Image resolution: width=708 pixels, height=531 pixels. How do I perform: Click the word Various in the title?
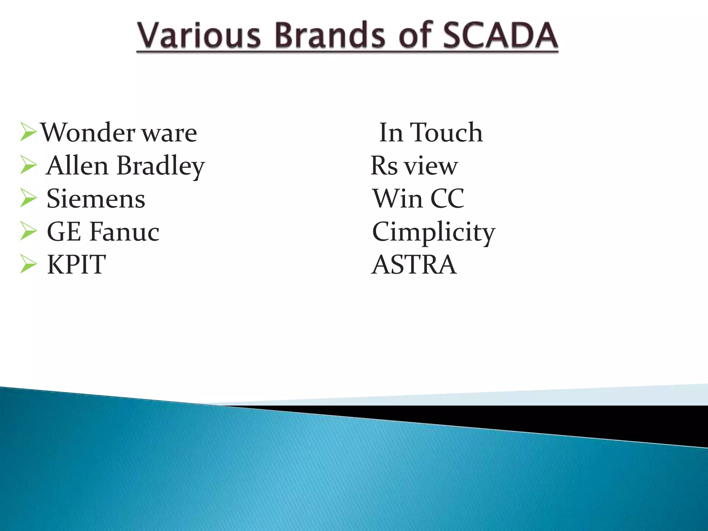(198, 35)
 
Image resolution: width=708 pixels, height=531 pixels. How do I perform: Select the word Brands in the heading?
(330, 35)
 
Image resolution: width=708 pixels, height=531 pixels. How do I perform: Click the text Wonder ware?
(119, 132)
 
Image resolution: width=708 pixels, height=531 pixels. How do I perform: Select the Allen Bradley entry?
(125, 166)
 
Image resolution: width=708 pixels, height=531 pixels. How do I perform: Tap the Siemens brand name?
(96, 199)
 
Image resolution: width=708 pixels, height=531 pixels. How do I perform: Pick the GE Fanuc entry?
(103, 232)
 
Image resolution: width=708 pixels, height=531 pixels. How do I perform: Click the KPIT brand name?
(76, 265)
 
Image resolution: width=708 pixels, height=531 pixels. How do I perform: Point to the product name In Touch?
(430, 132)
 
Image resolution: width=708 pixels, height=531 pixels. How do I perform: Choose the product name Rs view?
(414, 166)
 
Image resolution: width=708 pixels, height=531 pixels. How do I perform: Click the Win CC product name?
(418, 199)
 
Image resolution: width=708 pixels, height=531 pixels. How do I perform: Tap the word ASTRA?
(414, 265)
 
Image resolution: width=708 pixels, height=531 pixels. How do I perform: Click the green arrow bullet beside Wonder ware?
(28, 132)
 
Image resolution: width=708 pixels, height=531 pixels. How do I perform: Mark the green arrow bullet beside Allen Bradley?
(28, 165)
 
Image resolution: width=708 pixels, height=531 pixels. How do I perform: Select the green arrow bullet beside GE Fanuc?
(28, 231)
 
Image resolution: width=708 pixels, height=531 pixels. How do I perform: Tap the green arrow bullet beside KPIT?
(28, 264)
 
